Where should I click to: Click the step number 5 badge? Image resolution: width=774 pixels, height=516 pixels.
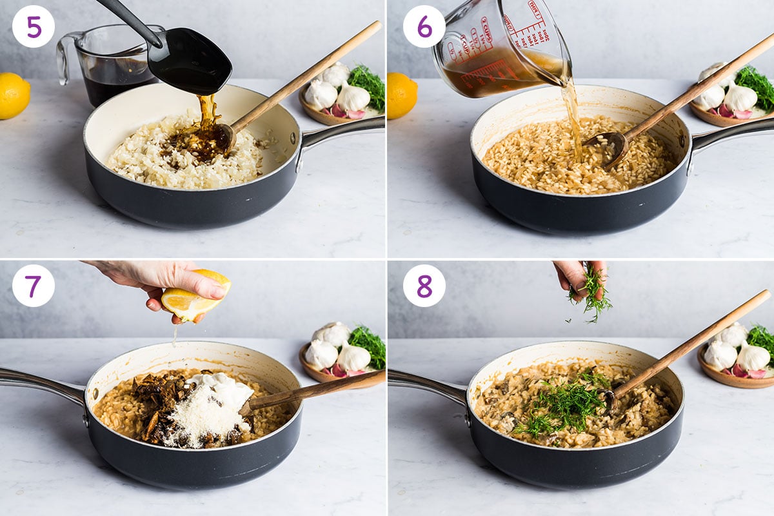click(34, 26)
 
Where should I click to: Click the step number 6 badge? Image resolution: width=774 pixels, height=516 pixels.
click(424, 26)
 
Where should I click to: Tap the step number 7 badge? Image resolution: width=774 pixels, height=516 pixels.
click(34, 286)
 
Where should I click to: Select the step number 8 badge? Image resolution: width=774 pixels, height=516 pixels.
click(424, 286)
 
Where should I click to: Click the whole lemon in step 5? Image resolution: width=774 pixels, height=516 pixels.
click(12, 95)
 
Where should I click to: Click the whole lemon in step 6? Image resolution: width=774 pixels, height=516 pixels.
click(401, 95)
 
